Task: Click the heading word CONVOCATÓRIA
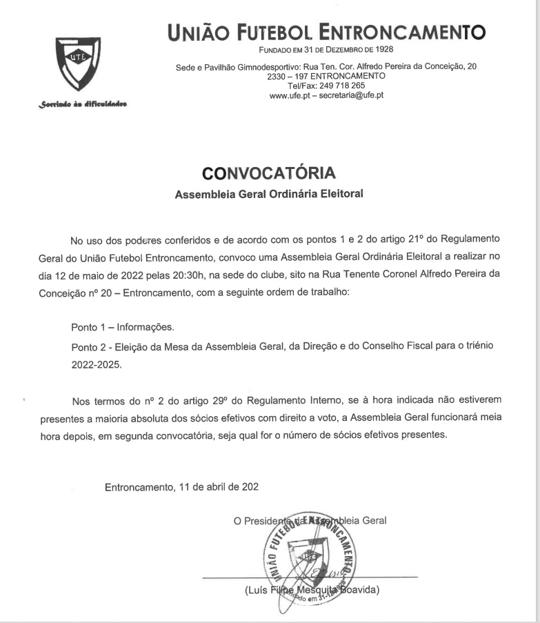269,172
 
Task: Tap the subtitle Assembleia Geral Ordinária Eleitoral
269,194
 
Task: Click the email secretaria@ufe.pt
352,95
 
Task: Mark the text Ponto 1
88,327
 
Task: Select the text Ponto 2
88,346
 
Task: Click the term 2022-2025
97,364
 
